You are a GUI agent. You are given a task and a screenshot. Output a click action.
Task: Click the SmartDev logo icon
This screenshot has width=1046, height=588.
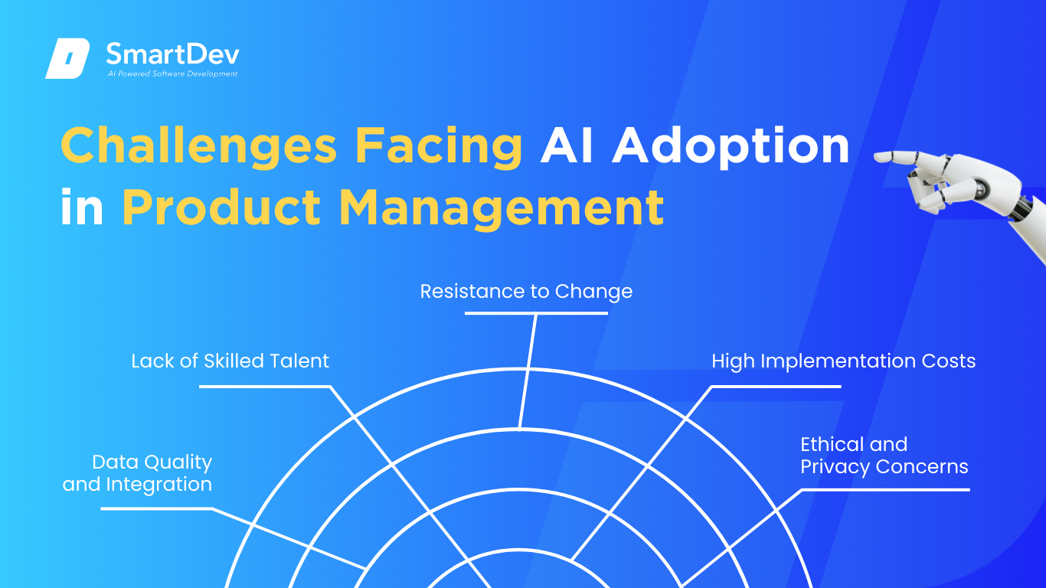pos(67,58)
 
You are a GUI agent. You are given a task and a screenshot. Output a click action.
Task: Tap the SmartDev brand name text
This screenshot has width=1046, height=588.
pos(173,54)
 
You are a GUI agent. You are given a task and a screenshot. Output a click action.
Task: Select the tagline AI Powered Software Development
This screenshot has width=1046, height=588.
pos(173,73)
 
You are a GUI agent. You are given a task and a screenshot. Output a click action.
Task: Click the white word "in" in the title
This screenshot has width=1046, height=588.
pos(82,207)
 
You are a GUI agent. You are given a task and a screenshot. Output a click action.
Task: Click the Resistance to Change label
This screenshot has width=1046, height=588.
pos(526,292)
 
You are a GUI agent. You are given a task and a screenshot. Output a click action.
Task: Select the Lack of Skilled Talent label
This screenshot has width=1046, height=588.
pos(230,361)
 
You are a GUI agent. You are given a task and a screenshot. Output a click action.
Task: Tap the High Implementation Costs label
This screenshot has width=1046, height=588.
pos(843,361)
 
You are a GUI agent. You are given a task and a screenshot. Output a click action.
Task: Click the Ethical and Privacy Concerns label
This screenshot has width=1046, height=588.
pos(884,456)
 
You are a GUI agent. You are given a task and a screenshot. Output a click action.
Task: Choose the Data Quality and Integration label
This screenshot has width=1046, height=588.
pos(137,473)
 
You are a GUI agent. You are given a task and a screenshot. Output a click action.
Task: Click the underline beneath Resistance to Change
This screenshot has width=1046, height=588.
pos(536,313)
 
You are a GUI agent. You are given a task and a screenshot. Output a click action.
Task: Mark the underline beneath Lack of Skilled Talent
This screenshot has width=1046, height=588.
pos(265,387)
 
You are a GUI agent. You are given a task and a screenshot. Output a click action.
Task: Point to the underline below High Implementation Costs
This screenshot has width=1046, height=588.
pos(776,387)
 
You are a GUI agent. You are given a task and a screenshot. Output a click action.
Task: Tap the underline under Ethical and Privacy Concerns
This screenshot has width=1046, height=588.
pos(886,490)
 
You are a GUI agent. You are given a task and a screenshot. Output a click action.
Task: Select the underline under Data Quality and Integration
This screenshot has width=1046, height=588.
pos(157,508)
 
